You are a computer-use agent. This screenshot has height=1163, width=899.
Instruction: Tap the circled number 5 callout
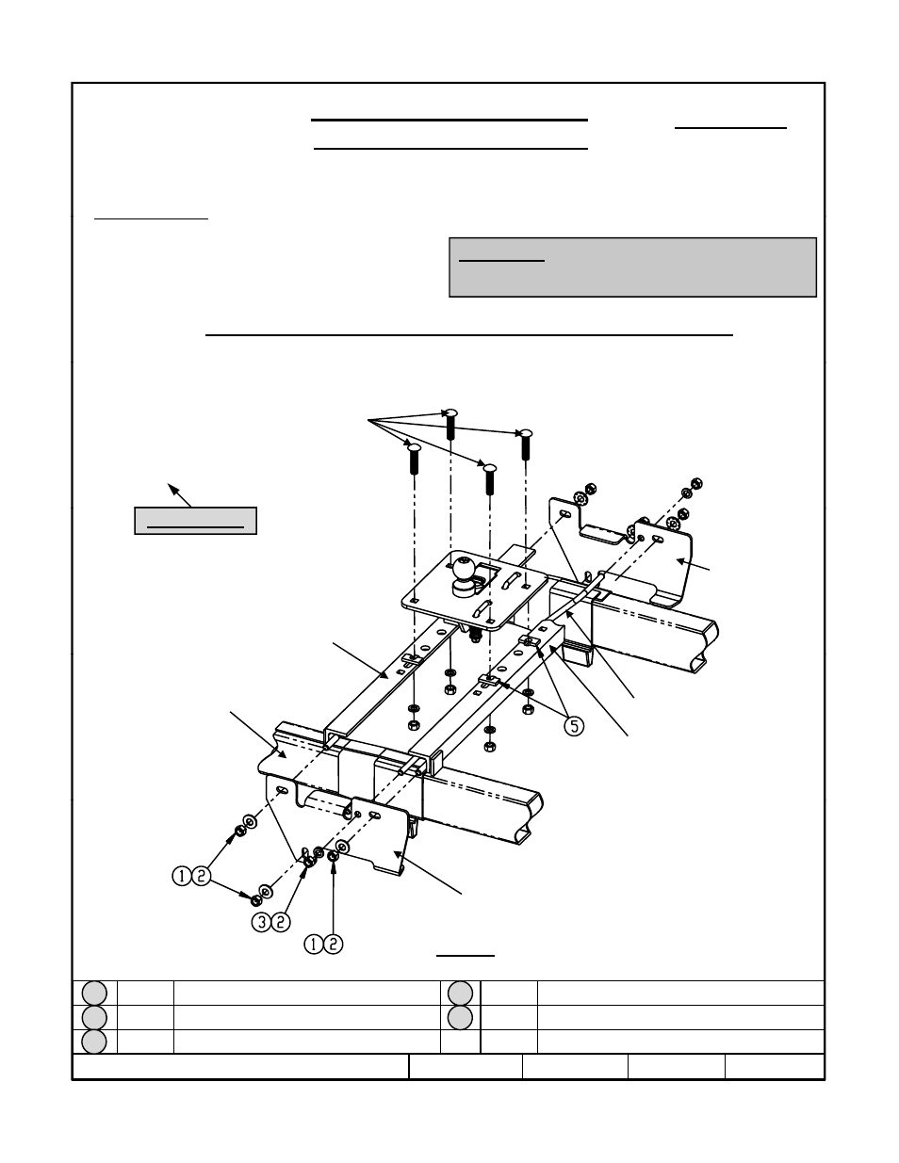575,726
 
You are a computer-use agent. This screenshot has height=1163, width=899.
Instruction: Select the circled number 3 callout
261,922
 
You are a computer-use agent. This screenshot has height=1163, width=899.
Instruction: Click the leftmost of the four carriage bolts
414,459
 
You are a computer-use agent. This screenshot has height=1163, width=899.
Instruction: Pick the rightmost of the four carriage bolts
526,444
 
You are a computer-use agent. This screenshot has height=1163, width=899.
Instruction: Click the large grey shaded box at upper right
632,267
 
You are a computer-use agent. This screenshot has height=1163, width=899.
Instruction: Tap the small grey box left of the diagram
195,520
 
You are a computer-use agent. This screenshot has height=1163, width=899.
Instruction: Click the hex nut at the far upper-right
696,484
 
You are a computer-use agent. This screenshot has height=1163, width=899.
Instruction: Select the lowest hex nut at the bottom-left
256,900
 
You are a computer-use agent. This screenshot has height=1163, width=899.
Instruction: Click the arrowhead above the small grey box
172,489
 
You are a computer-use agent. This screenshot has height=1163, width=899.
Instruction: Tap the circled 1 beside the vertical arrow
313,945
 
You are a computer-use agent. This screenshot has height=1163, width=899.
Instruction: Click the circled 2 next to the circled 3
281,922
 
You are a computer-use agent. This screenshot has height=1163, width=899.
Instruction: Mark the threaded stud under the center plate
473,635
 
